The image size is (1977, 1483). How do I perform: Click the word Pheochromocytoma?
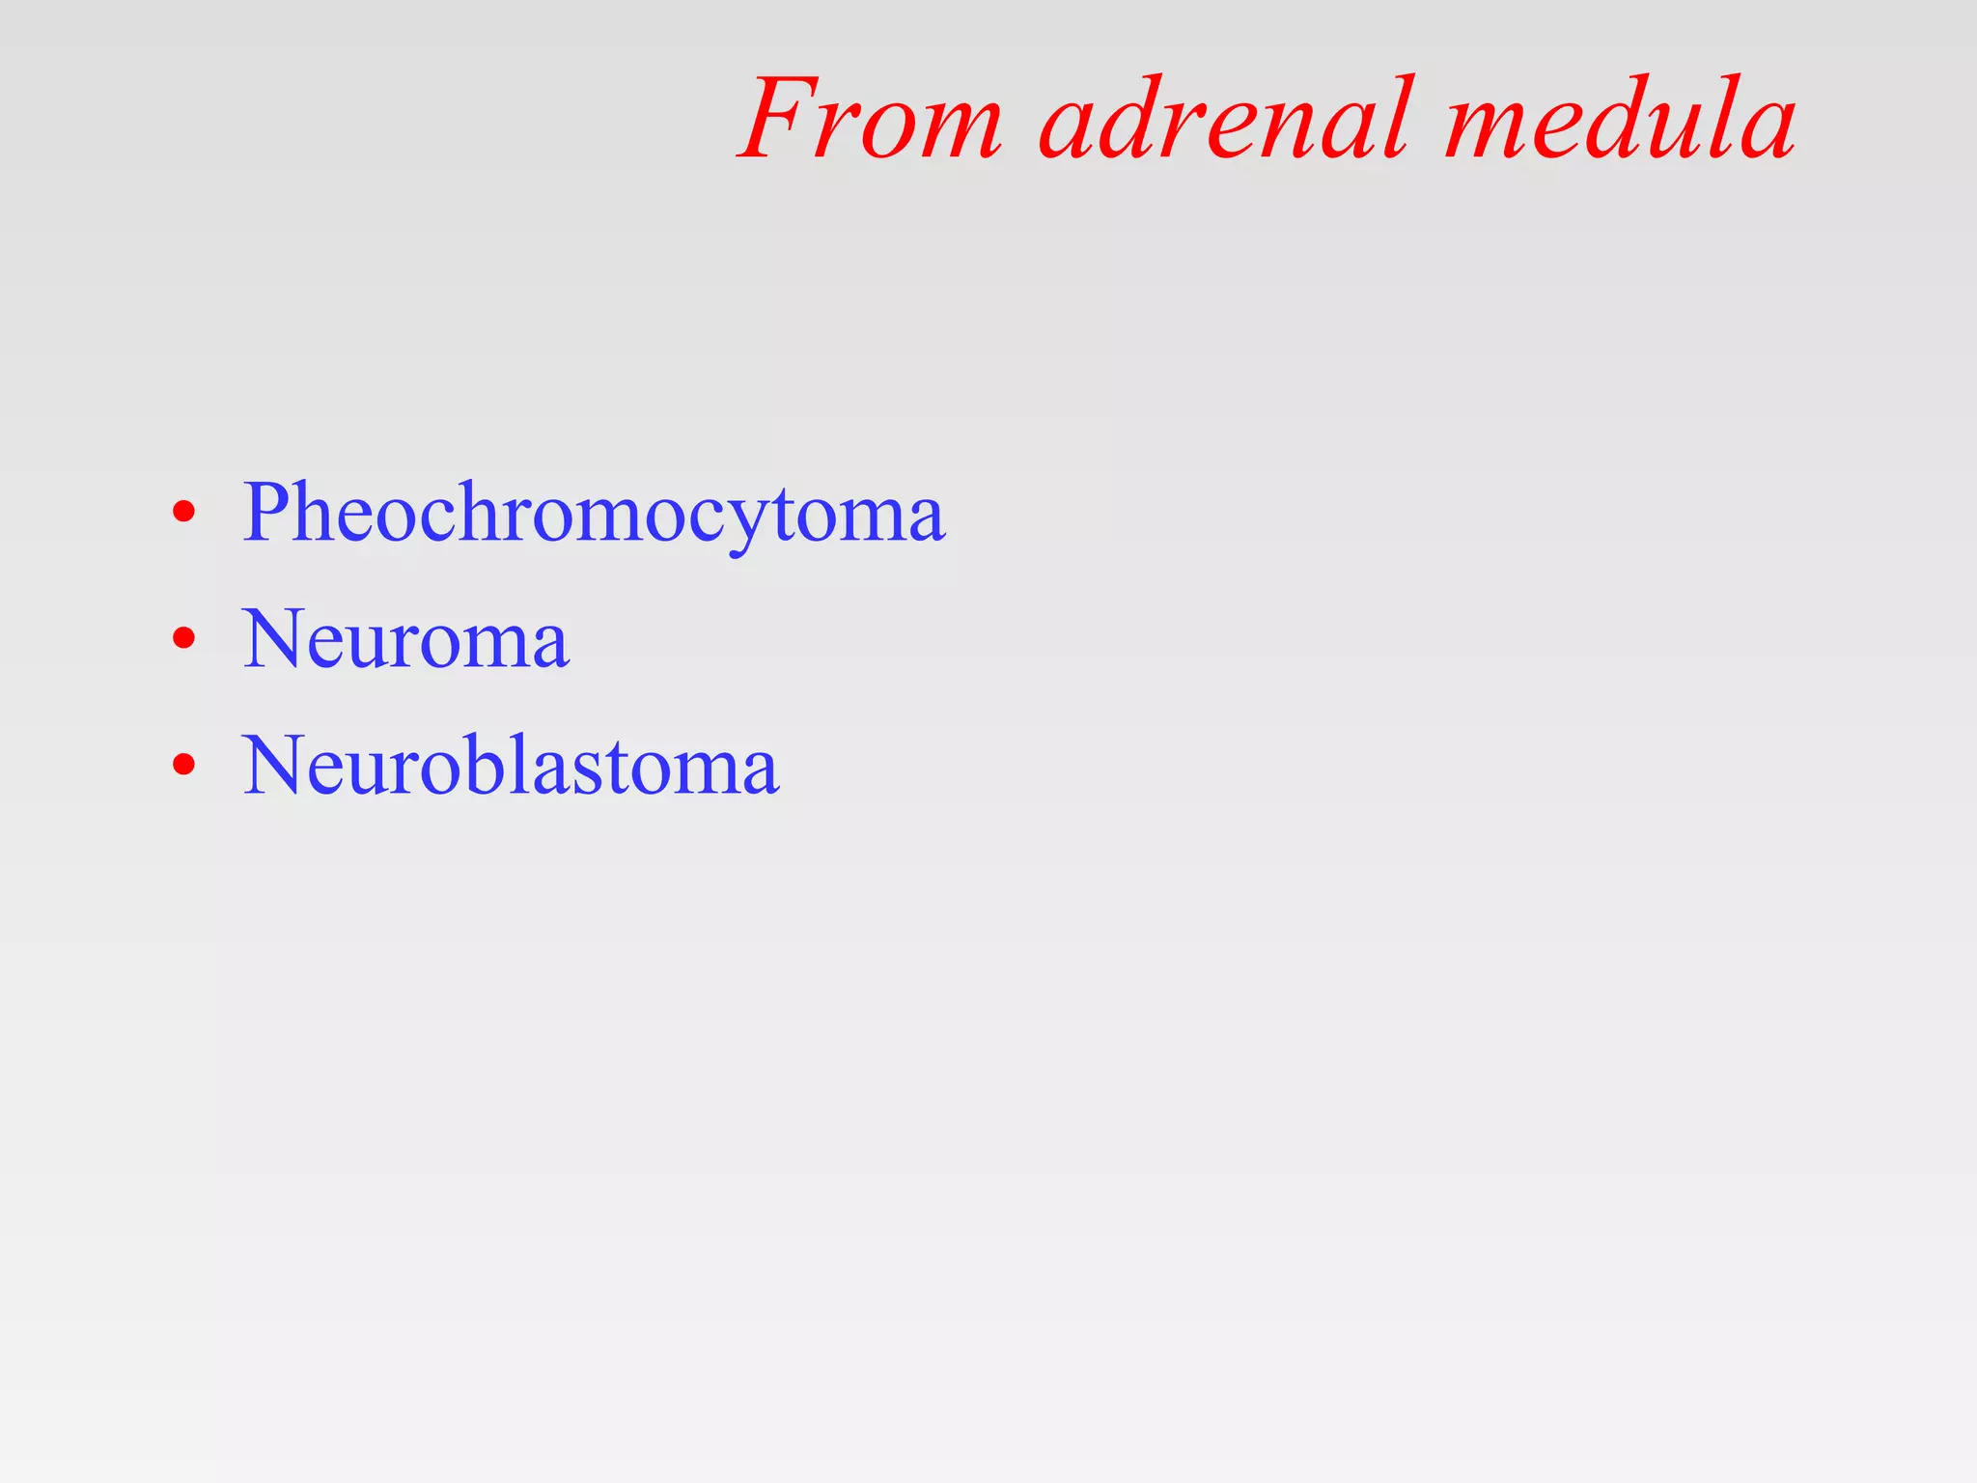pyautogui.click(x=593, y=513)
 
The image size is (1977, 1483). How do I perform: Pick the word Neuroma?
pyautogui.click(x=405, y=639)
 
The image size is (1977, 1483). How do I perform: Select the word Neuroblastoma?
pyautogui.click(x=510, y=766)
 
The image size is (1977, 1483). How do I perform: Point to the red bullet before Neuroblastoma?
pyautogui.click(x=183, y=766)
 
